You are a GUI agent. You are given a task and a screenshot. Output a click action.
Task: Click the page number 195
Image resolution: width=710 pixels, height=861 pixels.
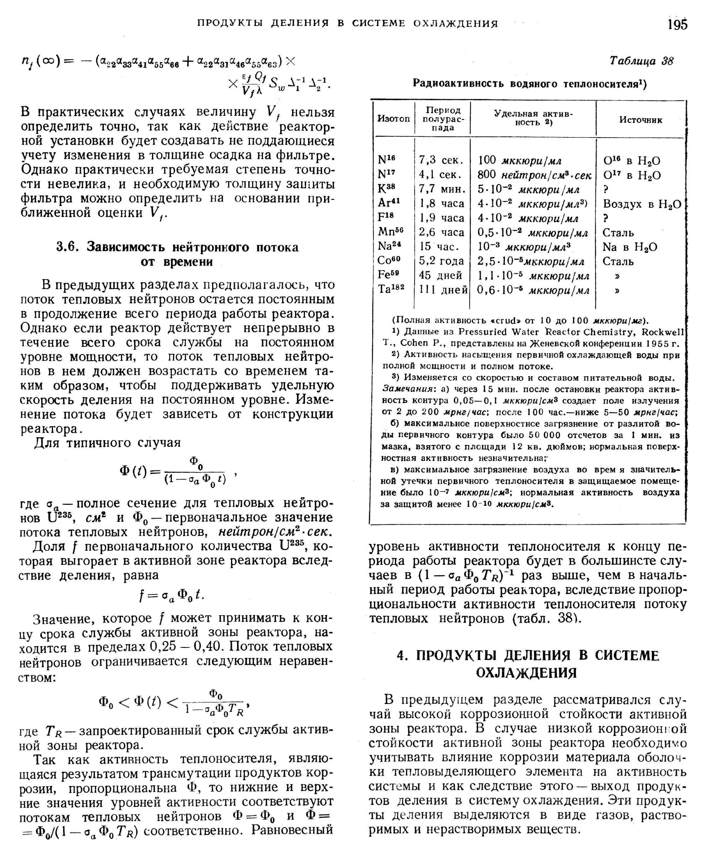pyautogui.click(x=677, y=25)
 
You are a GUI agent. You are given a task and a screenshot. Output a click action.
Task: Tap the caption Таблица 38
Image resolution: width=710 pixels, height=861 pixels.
pyautogui.click(x=641, y=61)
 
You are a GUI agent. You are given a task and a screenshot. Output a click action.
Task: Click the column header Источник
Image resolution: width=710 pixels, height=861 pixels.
pyautogui.click(x=640, y=120)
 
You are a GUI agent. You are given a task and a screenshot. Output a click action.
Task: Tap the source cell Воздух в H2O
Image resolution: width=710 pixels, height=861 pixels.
pyautogui.click(x=642, y=204)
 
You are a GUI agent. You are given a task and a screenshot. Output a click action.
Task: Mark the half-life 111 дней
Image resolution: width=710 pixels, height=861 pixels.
pyautogui.click(x=443, y=290)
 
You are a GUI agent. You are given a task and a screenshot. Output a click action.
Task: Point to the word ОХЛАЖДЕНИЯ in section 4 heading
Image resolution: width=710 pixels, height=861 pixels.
pyautogui.click(x=526, y=673)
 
